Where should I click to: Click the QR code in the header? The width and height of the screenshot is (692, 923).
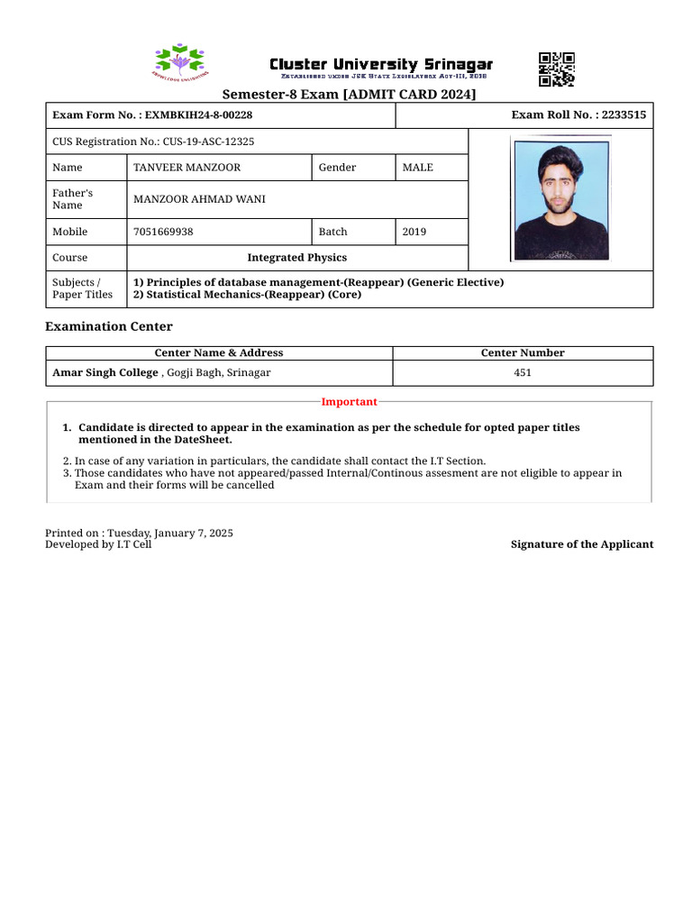click(x=556, y=69)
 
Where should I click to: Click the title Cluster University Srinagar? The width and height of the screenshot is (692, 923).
click(x=381, y=65)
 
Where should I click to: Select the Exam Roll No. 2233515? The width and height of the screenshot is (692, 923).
click(x=578, y=115)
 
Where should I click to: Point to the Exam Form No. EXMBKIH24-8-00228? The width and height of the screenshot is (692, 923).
click(x=152, y=115)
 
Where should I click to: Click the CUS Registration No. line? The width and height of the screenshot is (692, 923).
click(x=153, y=142)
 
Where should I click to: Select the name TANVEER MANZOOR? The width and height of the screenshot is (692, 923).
click(x=187, y=168)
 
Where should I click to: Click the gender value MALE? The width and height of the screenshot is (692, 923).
click(x=417, y=168)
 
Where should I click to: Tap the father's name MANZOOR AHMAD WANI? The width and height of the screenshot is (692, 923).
click(x=199, y=199)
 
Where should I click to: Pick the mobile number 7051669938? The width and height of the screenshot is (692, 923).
click(x=163, y=232)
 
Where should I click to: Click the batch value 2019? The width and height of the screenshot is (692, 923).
click(x=414, y=232)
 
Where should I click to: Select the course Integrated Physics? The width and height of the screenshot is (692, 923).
click(x=296, y=258)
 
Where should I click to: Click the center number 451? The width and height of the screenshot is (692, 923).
click(x=523, y=372)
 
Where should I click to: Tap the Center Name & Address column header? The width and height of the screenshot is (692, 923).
click(x=219, y=353)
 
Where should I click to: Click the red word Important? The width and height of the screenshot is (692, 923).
click(x=349, y=402)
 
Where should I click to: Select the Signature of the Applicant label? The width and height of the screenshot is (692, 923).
click(x=582, y=544)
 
